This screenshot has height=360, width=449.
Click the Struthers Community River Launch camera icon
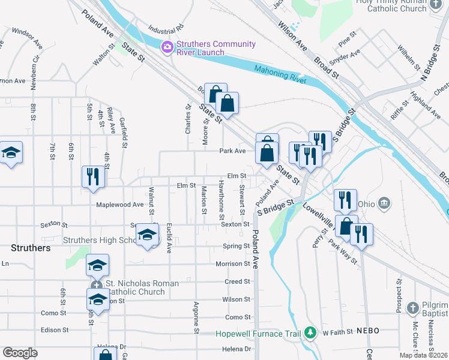167,46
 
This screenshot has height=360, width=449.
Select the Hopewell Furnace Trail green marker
310,332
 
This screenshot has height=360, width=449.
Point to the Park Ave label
232,151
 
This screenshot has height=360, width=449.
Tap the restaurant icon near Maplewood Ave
92,177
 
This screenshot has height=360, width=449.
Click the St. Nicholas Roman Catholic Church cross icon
95,286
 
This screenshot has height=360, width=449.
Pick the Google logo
20,352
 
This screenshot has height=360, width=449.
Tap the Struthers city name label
30,247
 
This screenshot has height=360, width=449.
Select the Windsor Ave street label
26,37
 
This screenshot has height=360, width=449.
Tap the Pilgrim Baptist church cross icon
412,308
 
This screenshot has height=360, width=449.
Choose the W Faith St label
337,332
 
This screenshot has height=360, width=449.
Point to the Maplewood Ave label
120,205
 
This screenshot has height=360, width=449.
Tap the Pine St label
347,41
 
